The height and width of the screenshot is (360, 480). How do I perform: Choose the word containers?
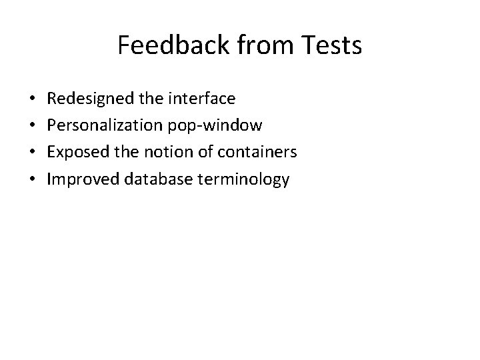click(x=255, y=153)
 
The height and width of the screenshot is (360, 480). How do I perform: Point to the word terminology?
click(x=237, y=179)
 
